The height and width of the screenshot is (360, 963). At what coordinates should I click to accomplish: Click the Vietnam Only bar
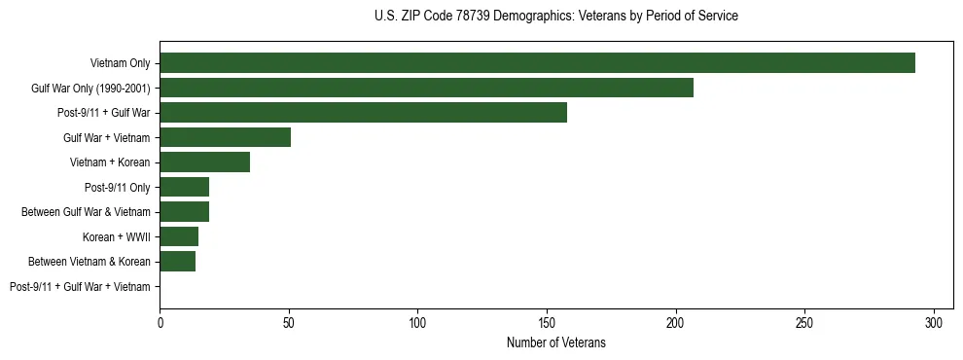(x=537, y=63)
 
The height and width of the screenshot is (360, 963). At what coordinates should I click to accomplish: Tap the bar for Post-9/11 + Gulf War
(x=363, y=113)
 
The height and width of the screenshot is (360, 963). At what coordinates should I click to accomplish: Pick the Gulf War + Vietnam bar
(x=225, y=137)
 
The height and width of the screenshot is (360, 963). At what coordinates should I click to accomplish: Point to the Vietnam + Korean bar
(x=204, y=162)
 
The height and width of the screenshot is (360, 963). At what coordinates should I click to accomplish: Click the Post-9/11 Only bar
(x=184, y=187)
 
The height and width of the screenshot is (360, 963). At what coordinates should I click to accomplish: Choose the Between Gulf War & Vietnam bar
(x=184, y=212)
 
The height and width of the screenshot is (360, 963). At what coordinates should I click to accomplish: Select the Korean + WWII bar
(x=179, y=236)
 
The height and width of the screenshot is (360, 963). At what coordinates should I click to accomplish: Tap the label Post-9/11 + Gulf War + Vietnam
(x=80, y=287)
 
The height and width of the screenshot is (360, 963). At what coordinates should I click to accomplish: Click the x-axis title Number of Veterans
(x=555, y=342)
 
